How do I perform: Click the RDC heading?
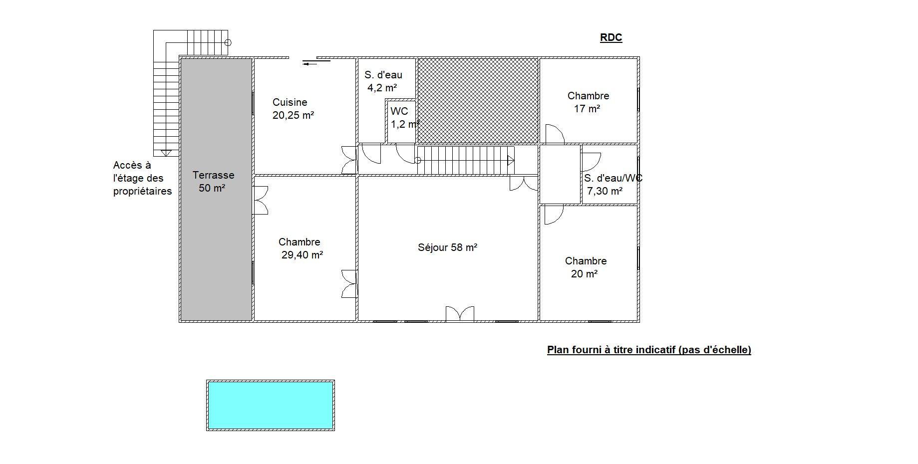click(611, 37)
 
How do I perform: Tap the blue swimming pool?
click(271, 405)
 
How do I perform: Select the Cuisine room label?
click(290, 102)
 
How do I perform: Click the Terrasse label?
click(213, 175)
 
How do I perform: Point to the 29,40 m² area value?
click(303, 255)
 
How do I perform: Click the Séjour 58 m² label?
click(448, 247)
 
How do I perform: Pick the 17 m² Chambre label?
click(588, 102)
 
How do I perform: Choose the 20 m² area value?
click(585, 274)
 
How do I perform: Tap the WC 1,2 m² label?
click(403, 118)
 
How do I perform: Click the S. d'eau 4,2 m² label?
click(383, 81)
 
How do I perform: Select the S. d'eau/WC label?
click(613, 178)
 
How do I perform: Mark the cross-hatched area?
click(478, 101)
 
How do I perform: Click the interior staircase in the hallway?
click(466, 160)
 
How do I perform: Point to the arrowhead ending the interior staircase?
click(511, 161)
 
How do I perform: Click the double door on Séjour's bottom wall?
click(460, 313)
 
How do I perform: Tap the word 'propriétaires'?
click(142, 192)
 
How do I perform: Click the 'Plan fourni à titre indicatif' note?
click(649, 350)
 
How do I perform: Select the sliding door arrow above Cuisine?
click(316, 62)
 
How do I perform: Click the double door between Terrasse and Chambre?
click(261, 200)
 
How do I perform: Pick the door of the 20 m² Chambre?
click(554, 215)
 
